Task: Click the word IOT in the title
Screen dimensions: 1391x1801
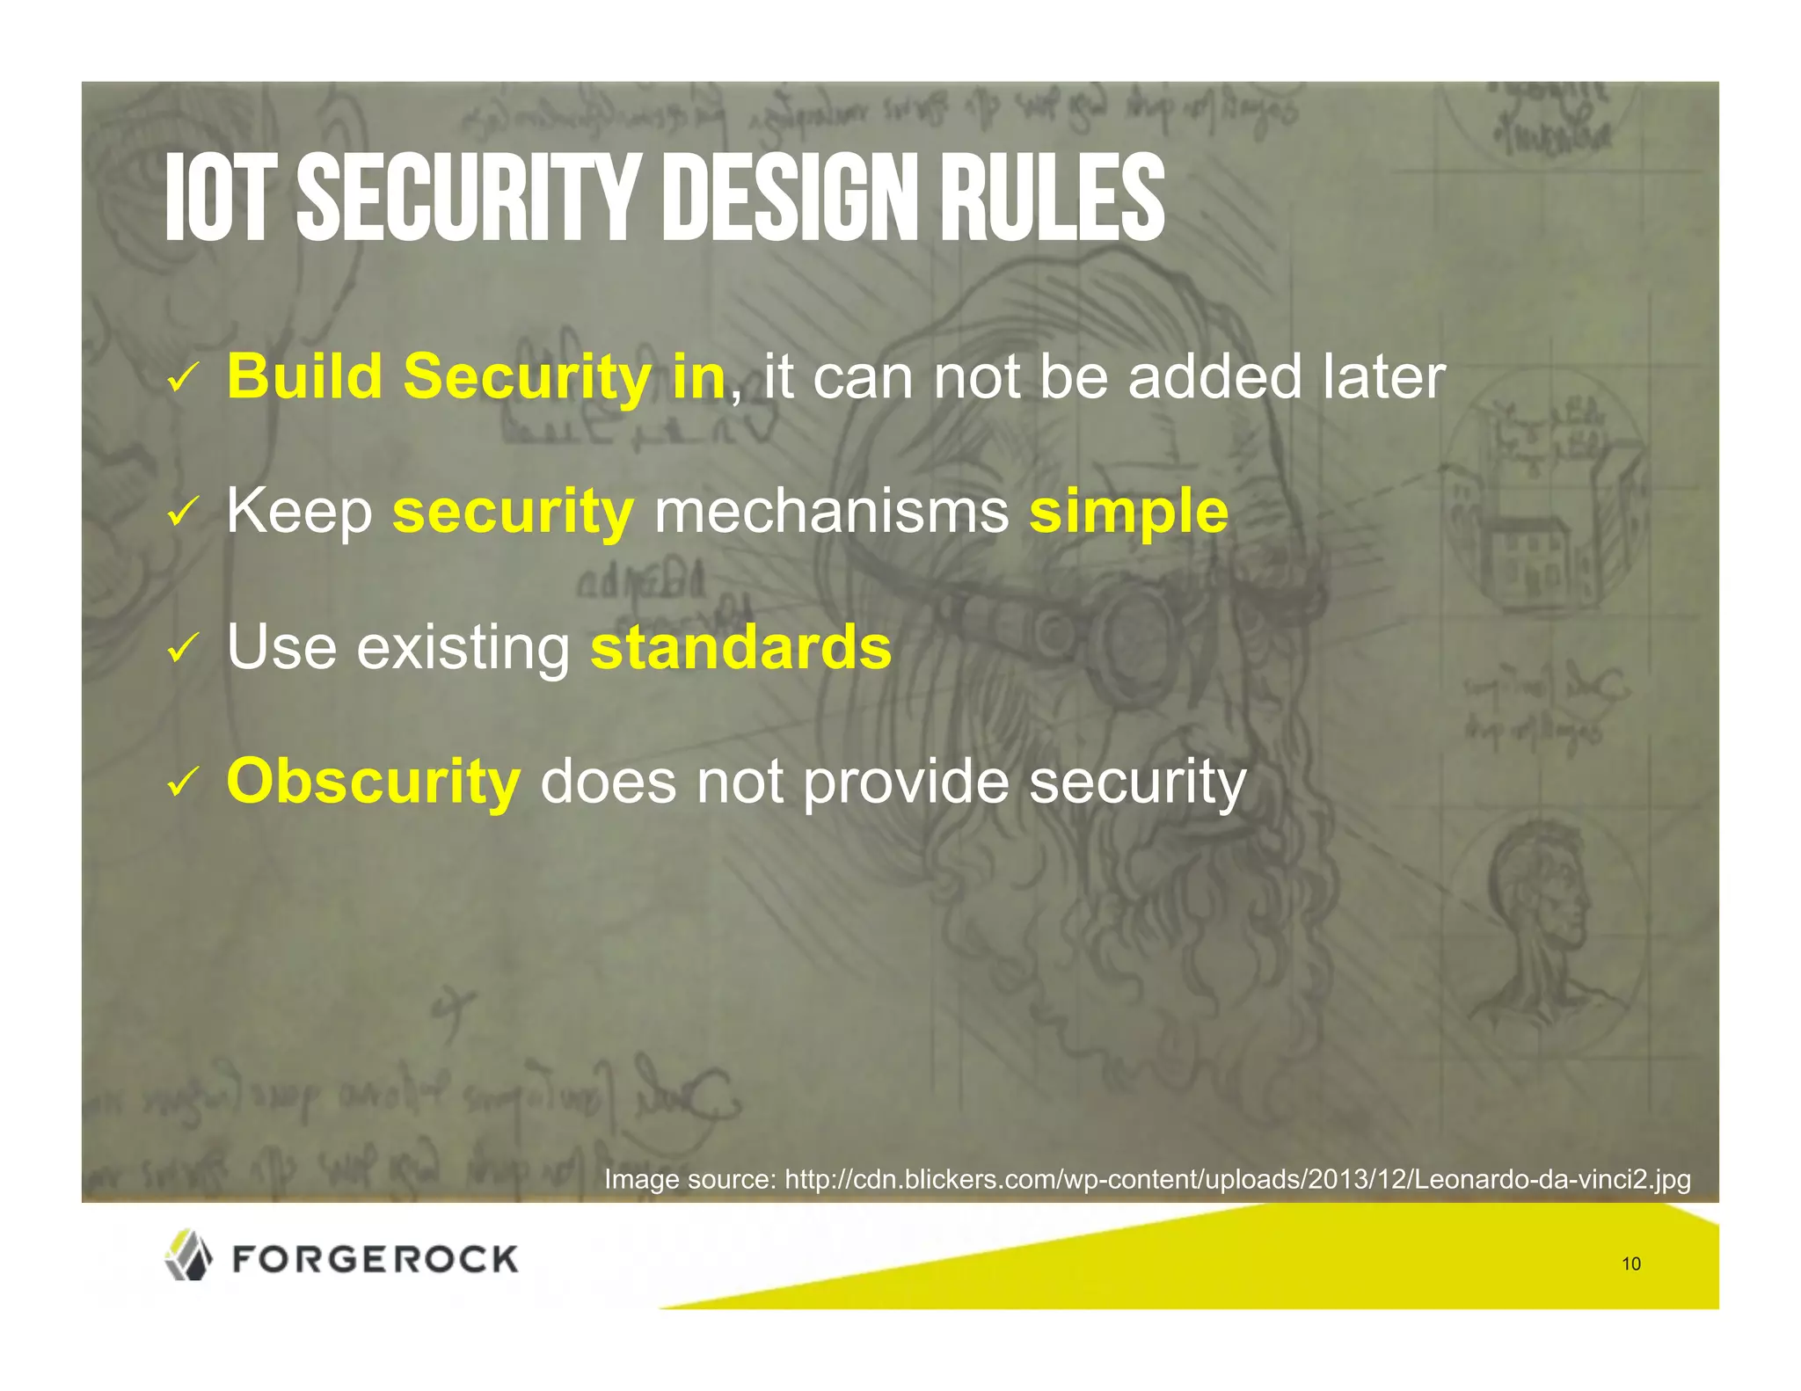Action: click(x=215, y=199)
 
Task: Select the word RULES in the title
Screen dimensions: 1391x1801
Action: click(x=1052, y=199)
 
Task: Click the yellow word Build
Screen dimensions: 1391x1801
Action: click(x=303, y=376)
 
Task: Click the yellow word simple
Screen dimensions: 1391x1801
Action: click(x=1128, y=513)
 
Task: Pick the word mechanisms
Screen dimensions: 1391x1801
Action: click(x=831, y=511)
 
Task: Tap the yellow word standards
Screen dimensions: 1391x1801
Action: click(x=740, y=647)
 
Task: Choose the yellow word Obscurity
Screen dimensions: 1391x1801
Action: click(x=373, y=782)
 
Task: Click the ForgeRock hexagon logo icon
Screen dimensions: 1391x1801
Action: click(x=188, y=1255)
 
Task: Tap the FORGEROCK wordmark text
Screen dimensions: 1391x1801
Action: click(x=376, y=1259)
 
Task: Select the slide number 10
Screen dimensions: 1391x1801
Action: click(x=1630, y=1264)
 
